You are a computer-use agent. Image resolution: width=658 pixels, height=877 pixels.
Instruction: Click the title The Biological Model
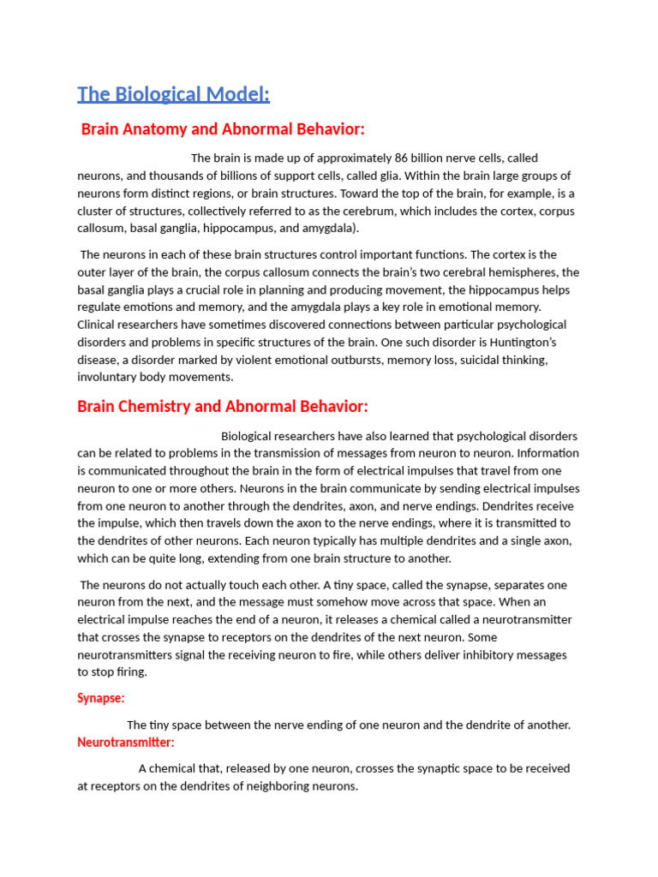click(173, 94)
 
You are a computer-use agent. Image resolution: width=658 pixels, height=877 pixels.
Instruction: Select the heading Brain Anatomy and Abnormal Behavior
click(223, 129)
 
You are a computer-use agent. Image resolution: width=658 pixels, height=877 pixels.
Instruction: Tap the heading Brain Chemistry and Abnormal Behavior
click(223, 406)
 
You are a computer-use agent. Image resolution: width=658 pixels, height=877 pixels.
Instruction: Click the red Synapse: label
click(101, 698)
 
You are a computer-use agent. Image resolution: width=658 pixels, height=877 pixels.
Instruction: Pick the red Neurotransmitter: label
click(126, 742)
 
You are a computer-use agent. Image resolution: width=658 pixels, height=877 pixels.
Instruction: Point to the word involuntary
click(109, 377)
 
